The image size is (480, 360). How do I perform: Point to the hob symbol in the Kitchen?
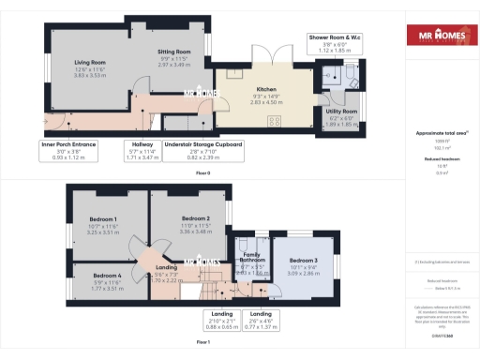click(x=275, y=120)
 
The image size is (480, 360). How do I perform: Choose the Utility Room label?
click(x=343, y=112)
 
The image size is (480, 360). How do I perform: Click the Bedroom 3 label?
click(x=303, y=260)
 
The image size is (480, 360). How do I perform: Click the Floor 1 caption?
click(x=203, y=342)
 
